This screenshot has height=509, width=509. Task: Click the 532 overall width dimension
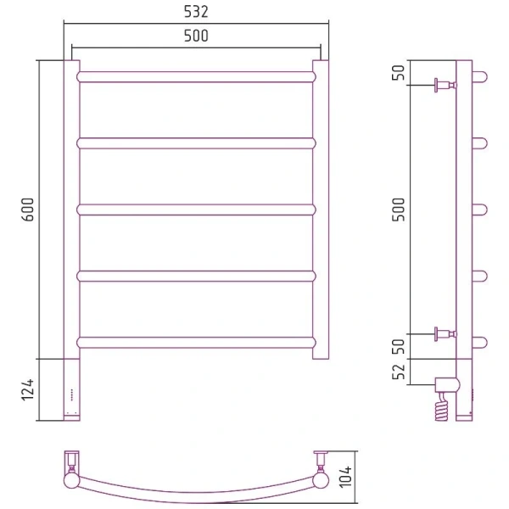coord(196,12)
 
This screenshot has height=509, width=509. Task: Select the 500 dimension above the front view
coord(196,36)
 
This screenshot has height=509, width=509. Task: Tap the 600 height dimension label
coord(28,210)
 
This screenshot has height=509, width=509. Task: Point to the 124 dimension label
coord(28,389)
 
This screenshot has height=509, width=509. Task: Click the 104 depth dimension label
coord(345,477)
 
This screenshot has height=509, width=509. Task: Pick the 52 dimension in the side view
coord(399,372)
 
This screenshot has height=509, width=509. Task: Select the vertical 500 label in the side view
coord(399,210)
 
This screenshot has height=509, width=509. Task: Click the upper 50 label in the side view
coord(399,72)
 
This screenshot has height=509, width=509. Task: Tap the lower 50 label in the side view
coord(399,346)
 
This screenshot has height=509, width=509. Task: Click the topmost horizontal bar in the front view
coord(196,77)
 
